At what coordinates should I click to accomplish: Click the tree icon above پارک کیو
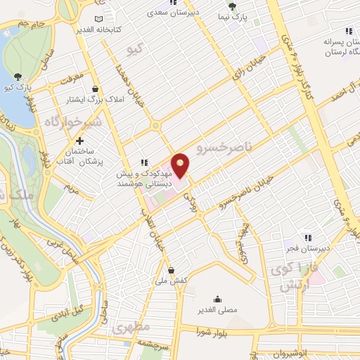click(18, 77)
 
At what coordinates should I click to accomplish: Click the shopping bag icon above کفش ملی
click(172, 269)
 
